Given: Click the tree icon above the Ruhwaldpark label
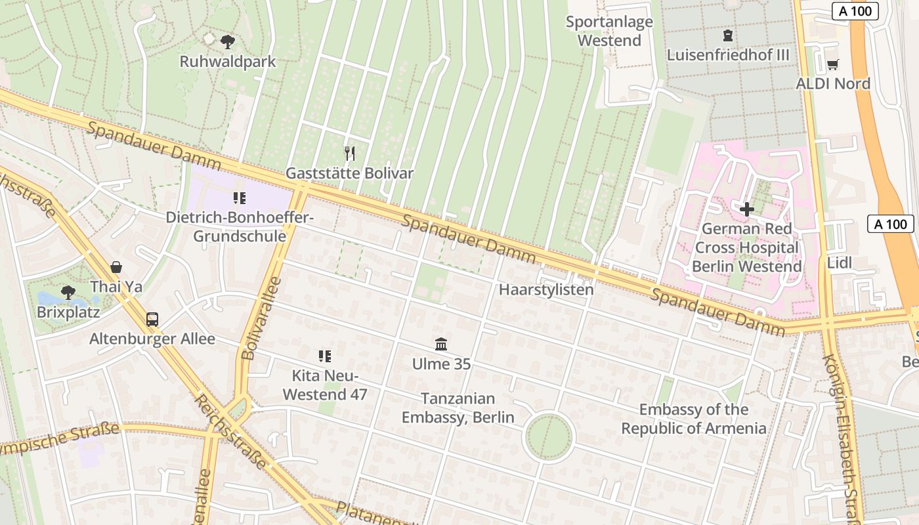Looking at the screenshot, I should [x=228, y=42].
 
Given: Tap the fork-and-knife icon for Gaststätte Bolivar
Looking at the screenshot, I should [x=350, y=154].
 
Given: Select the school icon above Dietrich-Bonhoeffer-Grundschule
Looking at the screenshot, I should [x=240, y=198].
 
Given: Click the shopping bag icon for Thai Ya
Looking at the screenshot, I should [x=116, y=267].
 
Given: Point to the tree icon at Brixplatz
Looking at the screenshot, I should [x=68, y=292].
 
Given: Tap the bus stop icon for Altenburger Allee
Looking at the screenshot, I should [x=152, y=320].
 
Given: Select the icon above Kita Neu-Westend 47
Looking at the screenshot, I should [x=324, y=356].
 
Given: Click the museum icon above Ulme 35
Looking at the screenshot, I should [x=441, y=344].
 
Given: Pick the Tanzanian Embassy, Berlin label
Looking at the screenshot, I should [x=458, y=408].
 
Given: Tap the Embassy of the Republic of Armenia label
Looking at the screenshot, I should [x=694, y=419].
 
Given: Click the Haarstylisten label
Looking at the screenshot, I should [x=546, y=289].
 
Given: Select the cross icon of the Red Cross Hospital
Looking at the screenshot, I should [x=746, y=209].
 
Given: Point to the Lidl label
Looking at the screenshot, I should [x=840, y=263].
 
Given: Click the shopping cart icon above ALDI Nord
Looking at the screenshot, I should [x=832, y=64].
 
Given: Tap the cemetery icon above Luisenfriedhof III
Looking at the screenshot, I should [x=727, y=35].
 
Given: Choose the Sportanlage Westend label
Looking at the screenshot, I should [x=609, y=31].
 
